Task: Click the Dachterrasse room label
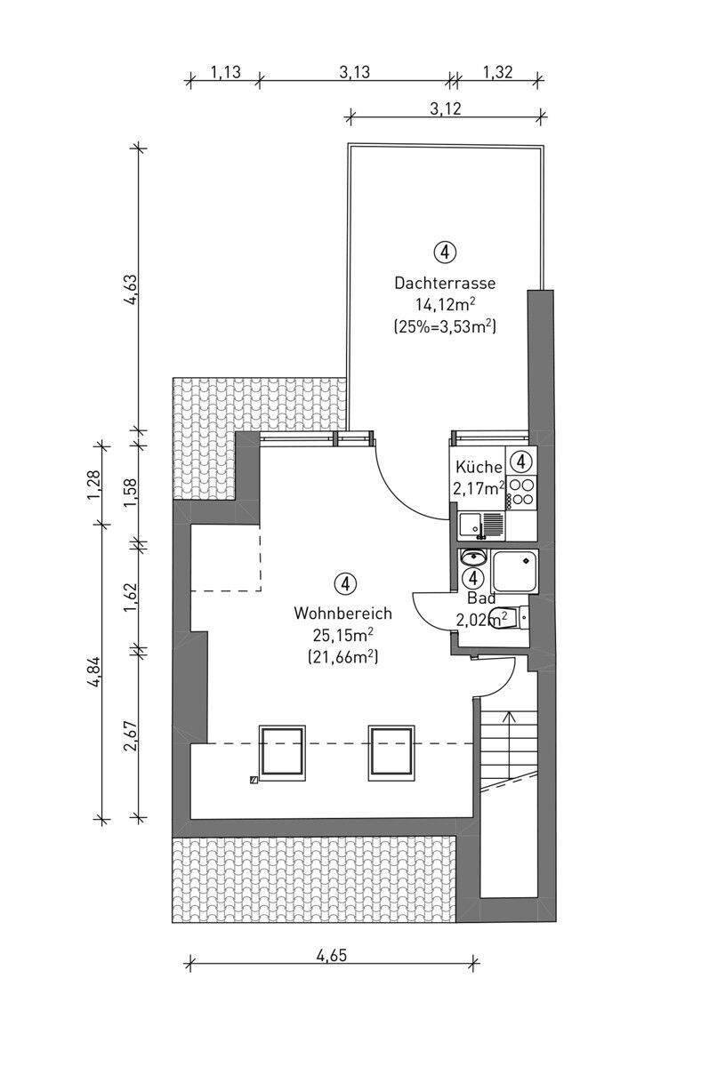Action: click(445, 283)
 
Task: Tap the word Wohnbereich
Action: click(342, 613)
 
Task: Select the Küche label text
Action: click(479, 467)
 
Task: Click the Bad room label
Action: click(481, 598)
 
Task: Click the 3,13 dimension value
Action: click(354, 72)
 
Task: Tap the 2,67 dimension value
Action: click(131, 734)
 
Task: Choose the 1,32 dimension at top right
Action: click(497, 72)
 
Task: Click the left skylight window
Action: click(282, 754)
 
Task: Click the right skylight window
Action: click(391, 754)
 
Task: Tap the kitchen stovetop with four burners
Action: click(520, 492)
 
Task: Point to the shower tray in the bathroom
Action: click(514, 571)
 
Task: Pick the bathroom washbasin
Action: click(472, 557)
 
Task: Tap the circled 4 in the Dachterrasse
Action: click(445, 252)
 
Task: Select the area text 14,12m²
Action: click(446, 303)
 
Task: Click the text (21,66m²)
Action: click(343, 657)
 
